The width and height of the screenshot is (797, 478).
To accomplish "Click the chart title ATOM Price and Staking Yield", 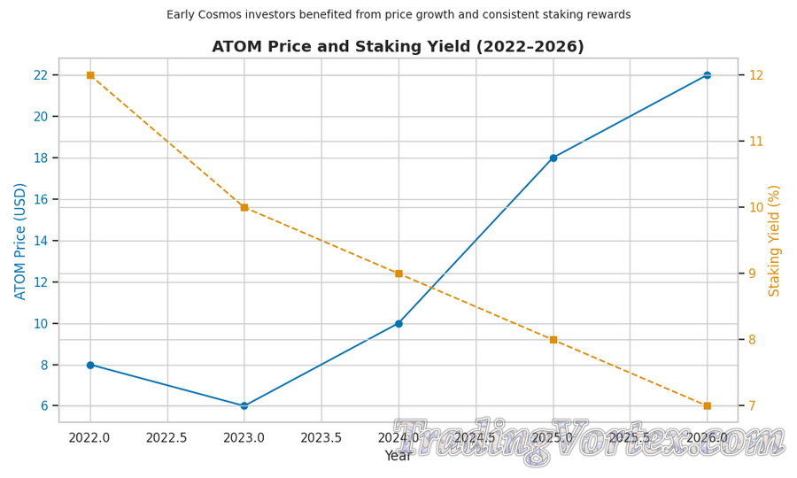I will pos(398,47).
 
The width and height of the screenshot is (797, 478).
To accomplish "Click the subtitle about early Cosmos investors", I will pos(398,15).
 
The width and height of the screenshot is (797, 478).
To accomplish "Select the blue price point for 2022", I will pos(90,365).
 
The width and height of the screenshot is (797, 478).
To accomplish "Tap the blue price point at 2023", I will pos(244,406).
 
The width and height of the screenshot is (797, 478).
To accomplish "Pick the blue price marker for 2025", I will pos(553,158).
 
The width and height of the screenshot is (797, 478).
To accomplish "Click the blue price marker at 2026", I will pos(707,75).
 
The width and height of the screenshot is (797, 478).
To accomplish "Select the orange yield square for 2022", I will pos(90,75).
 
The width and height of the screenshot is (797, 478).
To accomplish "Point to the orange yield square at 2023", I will pos(244,207).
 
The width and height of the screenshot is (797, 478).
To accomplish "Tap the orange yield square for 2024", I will pos(398,274).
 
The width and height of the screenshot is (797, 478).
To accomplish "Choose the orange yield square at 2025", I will pos(553,340).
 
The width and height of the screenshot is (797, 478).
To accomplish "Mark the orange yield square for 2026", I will pos(707,406).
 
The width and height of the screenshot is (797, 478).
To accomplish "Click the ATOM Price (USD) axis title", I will pos(20,241).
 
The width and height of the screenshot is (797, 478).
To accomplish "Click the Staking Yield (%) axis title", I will pos(775,241).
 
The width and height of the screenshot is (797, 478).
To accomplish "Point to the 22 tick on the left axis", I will pos(41,75).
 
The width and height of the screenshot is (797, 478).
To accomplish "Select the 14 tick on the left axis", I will pos(41,241).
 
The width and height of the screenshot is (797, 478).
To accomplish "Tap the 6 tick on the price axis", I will pos(44,406).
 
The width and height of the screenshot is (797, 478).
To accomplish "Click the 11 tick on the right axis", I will pos(756,142).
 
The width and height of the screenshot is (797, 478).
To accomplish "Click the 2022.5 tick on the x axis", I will pos(166,438).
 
